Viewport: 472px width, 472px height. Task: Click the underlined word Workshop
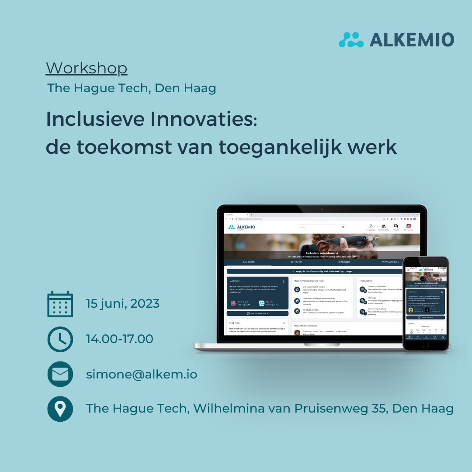pos(87,69)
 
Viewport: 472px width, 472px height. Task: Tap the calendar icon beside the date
pos(60,304)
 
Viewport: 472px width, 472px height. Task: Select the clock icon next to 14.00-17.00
pos(60,339)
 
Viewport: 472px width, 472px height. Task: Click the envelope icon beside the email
pos(60,374)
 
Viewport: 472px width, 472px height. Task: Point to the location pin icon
pos(60,409)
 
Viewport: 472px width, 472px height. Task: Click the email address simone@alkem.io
pos(142,375)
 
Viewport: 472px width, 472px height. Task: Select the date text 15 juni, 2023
pos(123,303)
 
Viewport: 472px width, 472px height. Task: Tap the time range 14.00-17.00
pos(120,339)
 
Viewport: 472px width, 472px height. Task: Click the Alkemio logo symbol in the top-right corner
pos(351,40)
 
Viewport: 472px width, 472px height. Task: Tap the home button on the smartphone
pos(426,344)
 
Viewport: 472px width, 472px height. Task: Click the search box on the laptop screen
pos(321,227)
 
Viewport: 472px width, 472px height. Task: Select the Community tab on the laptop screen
pos(296,262)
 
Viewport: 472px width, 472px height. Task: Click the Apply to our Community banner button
pos(315,271)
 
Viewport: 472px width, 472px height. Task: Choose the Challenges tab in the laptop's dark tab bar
pos(344,262)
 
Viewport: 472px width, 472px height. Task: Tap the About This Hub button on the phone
pos(426,317)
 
